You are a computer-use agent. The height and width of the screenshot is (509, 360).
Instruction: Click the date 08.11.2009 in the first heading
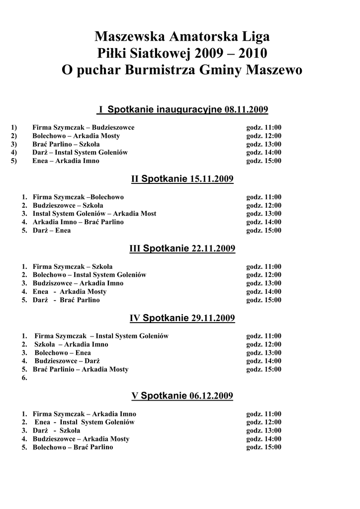coord(246,109)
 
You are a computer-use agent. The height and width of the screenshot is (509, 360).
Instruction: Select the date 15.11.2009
coord(212,179)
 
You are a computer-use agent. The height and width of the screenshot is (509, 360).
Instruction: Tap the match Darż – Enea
coord(52,231)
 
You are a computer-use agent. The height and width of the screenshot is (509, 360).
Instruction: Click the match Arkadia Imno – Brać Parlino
coord(78,222)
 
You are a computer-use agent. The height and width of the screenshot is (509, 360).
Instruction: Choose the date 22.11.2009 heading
coord(213,249)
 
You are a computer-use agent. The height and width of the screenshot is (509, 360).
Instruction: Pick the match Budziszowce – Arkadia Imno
coord(78,283)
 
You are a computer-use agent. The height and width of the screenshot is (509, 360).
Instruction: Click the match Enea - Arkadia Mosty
coord(69,292)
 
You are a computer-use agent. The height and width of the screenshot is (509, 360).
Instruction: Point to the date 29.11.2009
coord(213,318)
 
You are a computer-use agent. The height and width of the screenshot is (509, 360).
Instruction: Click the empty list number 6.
coord(24,378)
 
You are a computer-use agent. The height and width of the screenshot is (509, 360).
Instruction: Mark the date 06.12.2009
coord(211,396)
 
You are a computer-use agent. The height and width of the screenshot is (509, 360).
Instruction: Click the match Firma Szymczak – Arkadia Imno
coord(84,414)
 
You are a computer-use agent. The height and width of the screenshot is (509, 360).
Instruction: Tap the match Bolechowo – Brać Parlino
coord(73,447)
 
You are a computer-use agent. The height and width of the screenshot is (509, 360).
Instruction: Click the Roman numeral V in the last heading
coord(134,396)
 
